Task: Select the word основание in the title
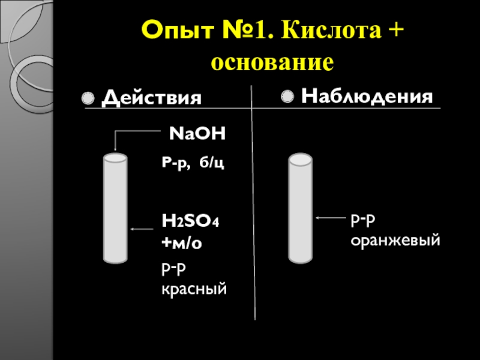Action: pos(272,62)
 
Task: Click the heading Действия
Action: pos(151,98)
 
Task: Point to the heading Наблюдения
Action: pos(367,96)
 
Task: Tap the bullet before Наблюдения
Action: pos(287,96)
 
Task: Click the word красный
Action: pos(194,290)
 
